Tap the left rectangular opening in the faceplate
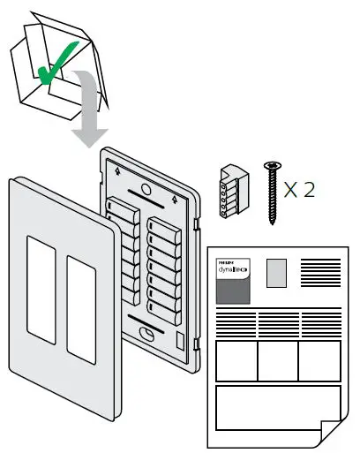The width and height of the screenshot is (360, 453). tap(39, 287)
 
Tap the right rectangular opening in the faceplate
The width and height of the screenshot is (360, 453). tap(82, 301)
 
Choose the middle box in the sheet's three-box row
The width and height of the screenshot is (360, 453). tap(276, 360)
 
